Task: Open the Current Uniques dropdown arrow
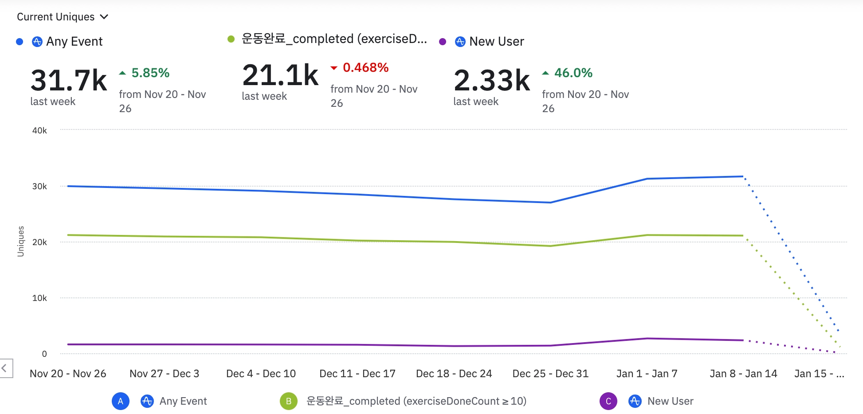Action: pos(104,17)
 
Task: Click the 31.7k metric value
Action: pos(69,80)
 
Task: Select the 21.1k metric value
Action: pos(280,75)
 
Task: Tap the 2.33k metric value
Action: pos(492,80)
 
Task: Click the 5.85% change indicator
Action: pos(150,73)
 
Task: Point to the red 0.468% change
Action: pos(365,67)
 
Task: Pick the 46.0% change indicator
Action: pos(573,73)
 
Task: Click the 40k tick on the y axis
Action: pos(39,130)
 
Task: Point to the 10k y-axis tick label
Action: pos(39,298)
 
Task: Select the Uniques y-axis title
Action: pos(21,241)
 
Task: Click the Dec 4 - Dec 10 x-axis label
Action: pos(261,374)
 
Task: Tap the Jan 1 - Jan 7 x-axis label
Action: pos(647,374)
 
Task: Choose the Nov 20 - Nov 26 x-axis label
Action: pos(68,374)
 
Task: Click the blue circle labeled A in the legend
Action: pos(121,401)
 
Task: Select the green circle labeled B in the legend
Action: pos(289,401)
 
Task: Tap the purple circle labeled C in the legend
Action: pos(608,401)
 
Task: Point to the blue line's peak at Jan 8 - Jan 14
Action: pos(743,176)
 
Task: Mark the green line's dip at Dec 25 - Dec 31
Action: pos(550,246)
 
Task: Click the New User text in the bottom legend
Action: pos(670,401)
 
